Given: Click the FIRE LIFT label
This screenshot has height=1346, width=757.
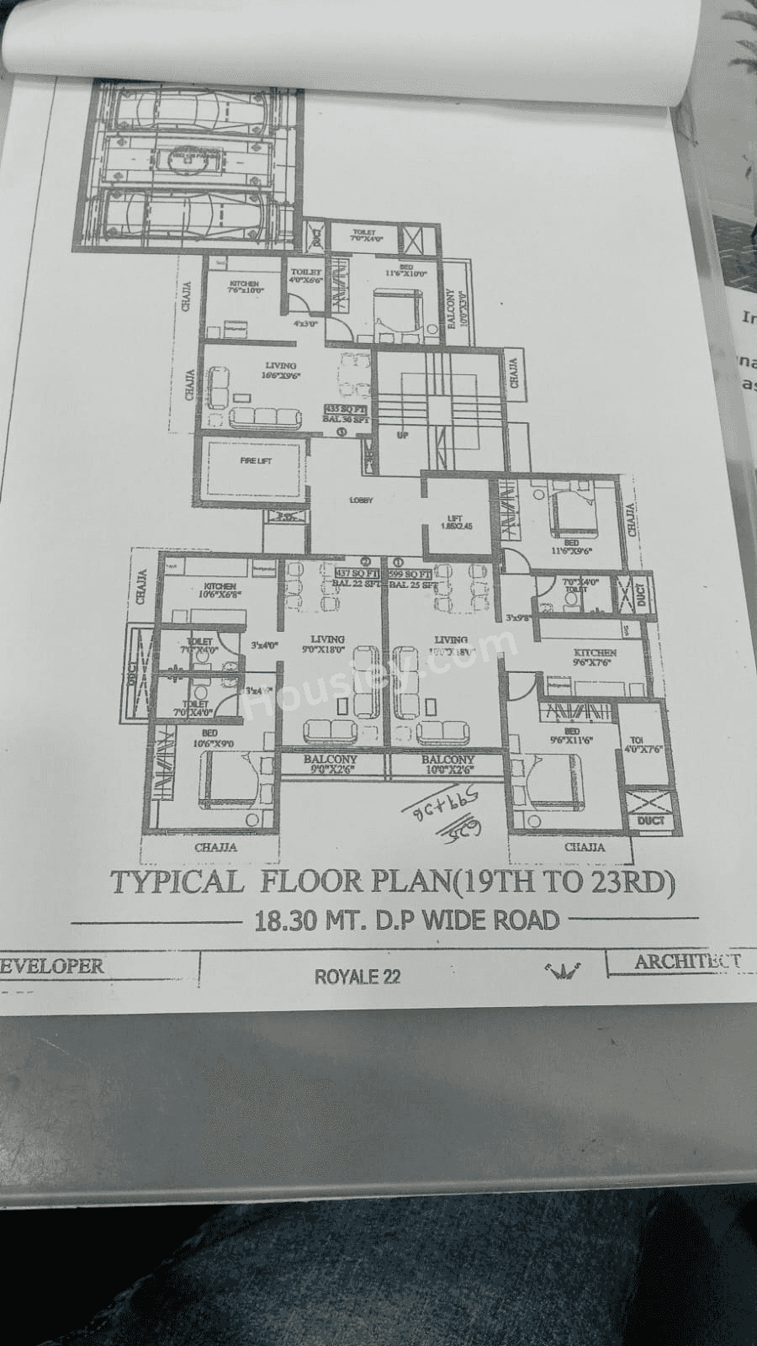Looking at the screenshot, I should (x=256, y=460).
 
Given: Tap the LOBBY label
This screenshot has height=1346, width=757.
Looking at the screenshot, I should (x=361, y=501).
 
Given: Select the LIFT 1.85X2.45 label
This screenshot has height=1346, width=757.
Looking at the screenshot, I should (x=457, y=522).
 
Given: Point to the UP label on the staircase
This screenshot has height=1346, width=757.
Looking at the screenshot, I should (x=402, y=435).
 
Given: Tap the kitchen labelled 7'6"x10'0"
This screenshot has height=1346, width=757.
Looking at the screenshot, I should (x=245, y=287).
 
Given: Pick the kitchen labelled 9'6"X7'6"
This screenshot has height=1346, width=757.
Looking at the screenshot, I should (x=594, y=657).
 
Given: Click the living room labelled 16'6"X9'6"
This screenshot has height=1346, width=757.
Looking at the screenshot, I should (x=280, y=370).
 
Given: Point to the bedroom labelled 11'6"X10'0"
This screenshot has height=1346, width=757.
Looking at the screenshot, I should (x=406, y=270).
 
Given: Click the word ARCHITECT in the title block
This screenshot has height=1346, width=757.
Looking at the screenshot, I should (x=686, y=961).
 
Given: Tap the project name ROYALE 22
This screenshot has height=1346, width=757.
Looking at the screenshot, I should (x=357, y=977).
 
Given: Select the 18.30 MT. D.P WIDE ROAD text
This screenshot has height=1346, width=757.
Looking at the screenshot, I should (x=406, y=919).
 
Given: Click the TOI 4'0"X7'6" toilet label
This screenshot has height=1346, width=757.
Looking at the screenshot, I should (x=645, y=745).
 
